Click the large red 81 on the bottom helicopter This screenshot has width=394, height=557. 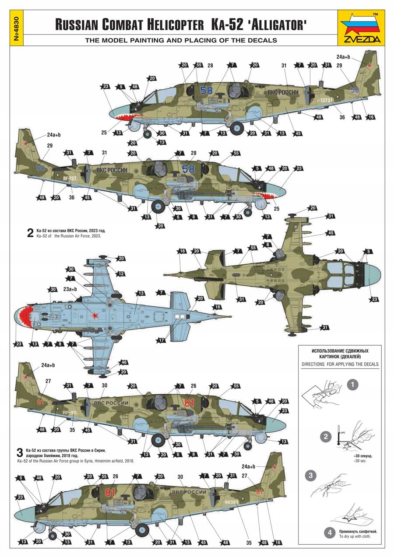click(x=110, y=493)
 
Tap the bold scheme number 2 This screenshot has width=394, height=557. click(x=30, y=233)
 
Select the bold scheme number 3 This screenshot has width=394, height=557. click(x=19, y=452)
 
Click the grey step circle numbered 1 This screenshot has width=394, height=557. click(x=353, y=385)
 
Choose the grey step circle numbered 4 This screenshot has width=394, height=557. click(x=329, y=533)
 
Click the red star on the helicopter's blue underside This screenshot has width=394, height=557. click(x=94, y=314)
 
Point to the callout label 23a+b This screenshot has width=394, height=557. click(x=70, y=289)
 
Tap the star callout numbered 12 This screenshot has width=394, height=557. click(x=121, y=273)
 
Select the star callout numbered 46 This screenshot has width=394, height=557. click(x=123, y=363)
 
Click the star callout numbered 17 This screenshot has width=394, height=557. click(x=162, y=340)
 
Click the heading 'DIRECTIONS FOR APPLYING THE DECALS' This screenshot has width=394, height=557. click(x=340, y=364)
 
